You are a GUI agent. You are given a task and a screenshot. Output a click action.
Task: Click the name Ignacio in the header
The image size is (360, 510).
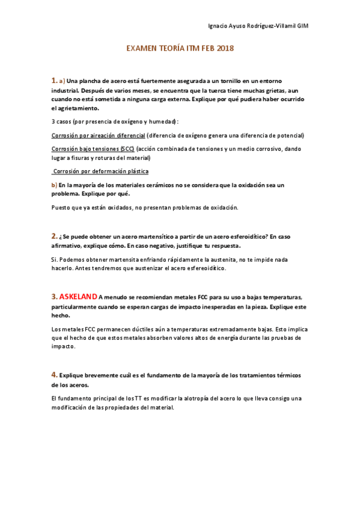(x=218, y=26)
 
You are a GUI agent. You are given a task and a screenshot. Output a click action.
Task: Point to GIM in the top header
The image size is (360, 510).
(x=304, y=26)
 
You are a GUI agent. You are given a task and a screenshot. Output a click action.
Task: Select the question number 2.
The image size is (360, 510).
(x=53, y=236)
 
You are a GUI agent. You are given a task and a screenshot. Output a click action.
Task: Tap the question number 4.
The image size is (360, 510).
(x=53, y=375)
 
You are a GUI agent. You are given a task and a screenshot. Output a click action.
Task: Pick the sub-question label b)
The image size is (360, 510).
(x=54, y=185)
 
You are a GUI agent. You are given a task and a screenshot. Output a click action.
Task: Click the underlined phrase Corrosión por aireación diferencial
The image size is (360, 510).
(x=99, y=135)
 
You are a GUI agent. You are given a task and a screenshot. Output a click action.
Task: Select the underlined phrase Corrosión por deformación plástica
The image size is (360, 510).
(x=101, y=171)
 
